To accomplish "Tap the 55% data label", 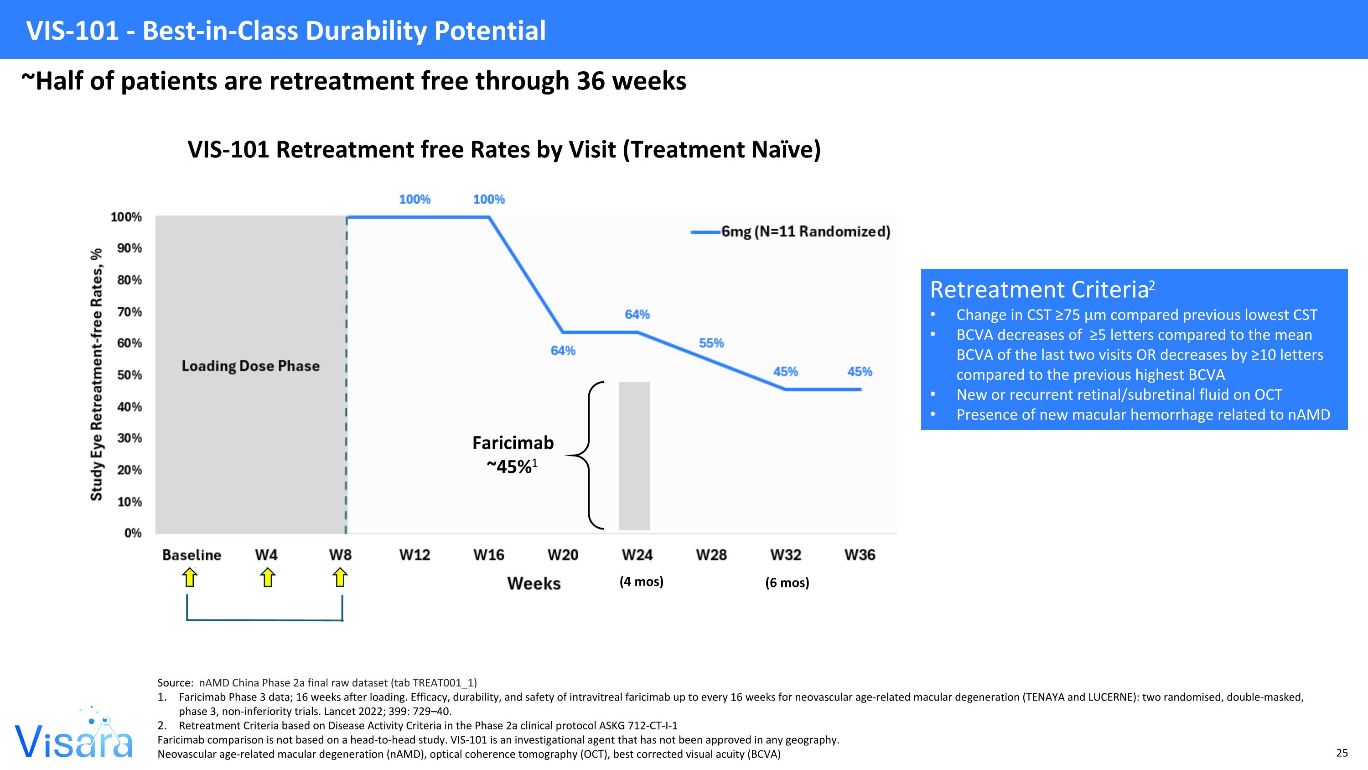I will tap(711, 343).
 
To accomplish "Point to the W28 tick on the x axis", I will tap(711, 555).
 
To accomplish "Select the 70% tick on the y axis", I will tap(130, 312).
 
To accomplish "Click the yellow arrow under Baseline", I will tap(189, 577).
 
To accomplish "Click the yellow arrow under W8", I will tap(340, 577).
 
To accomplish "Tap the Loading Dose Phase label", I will tap(251, 366).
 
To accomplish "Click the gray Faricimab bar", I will tap(634, 456).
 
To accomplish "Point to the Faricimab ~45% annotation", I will tap(513, 454).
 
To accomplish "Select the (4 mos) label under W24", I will tap(641, 581).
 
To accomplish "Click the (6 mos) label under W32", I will tap(787, 582).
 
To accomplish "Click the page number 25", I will tap(1342, 753).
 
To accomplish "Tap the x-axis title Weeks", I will tap(534, 583).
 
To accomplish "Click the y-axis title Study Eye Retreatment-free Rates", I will tap(96, 375).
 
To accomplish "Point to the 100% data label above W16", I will tap(488, 199).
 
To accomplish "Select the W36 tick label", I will tap(859, 555).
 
